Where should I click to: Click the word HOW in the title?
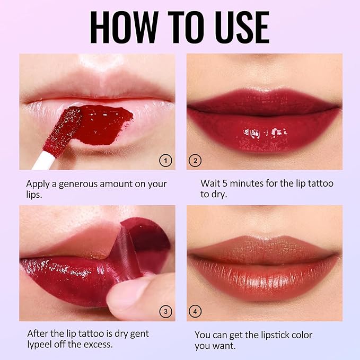124,27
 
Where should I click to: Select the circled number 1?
165,161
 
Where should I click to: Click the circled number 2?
195,161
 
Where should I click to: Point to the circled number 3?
165,312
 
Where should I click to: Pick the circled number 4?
195,312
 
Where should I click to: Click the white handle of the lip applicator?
44,161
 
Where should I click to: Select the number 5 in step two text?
225,183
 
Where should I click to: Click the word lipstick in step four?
271,335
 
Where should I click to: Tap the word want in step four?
225,346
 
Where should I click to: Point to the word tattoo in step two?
321,183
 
